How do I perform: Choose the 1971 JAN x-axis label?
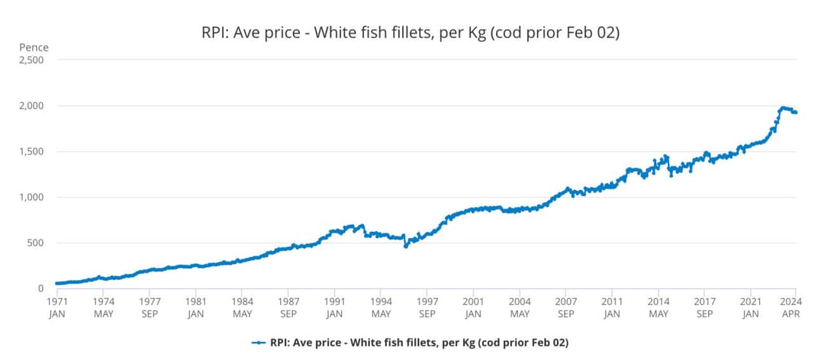pos(57,307)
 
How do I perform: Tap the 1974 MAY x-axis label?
pos(104,307)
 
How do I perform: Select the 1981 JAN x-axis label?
pos(196,307)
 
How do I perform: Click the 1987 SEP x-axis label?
pos(288,307)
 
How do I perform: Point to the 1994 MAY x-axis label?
pos(381,307)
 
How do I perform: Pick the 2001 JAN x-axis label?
pos(473,307)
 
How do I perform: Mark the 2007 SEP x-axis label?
pos(565,307)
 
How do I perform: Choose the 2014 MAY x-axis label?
pos(658,307)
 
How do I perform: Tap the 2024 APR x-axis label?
pos(795,307)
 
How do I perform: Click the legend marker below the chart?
pos(259,342)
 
